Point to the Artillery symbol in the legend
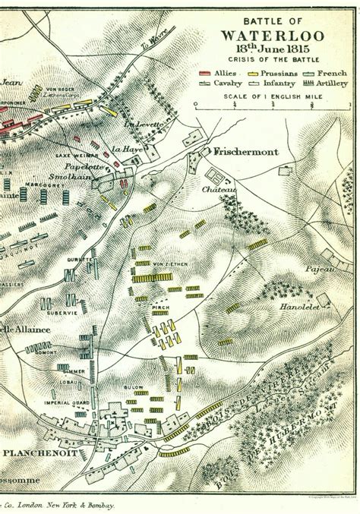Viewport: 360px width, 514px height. [311, 82]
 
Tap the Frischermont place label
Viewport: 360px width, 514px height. [245, 152]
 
